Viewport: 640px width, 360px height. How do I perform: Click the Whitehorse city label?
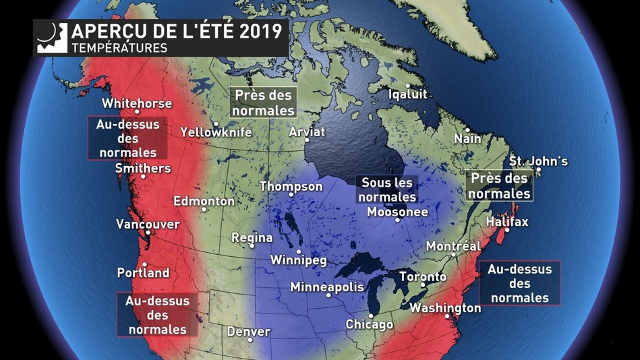point(137,104)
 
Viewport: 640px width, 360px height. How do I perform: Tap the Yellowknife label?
point(216,133)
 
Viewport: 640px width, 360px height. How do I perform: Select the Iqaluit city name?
point(408,94)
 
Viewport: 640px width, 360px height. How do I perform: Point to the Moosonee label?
point(397,212)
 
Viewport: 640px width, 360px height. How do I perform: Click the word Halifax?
point(507,222)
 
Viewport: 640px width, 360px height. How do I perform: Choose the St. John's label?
point(538,161)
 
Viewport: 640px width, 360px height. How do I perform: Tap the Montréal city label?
point(453,247)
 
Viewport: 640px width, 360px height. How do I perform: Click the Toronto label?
point(423,276)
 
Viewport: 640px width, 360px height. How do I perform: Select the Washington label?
point(445,308)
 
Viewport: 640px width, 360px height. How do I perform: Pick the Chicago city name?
point(369,324)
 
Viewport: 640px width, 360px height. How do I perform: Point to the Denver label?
point(248,332)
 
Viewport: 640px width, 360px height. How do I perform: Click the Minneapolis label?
point(327,287)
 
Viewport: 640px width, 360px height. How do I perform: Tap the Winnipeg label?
point(298,260)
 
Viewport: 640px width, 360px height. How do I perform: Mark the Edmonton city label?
point(204,201)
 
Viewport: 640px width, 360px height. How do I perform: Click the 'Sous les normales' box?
point(387,189)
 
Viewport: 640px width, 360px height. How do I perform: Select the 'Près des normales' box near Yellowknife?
point(263,102)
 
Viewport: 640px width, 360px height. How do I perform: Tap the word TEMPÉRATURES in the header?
point(119,48)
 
